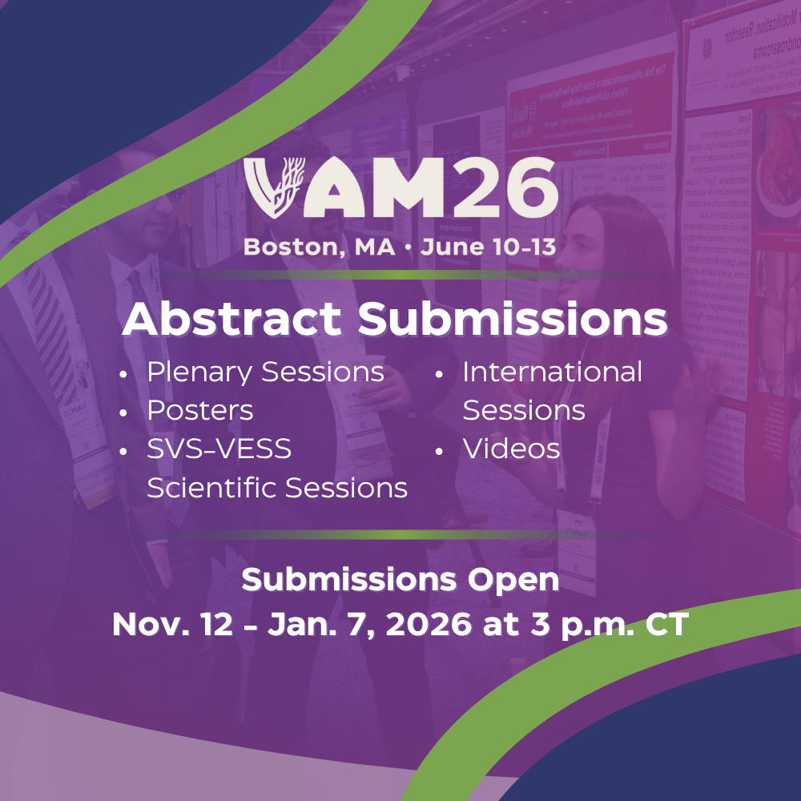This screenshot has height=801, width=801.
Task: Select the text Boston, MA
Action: coord(319,247)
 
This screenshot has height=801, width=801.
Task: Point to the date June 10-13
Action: coord(488,247)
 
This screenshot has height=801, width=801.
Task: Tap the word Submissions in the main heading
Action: coord(513,319)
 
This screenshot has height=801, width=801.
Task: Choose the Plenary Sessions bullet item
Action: coord(265,372)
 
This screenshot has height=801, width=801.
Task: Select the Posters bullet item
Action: coord(199,411)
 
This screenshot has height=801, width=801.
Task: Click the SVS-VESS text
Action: coord(219,449)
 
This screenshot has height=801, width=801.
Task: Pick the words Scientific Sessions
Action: coord(277,487)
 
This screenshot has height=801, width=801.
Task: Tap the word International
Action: coord(552,372)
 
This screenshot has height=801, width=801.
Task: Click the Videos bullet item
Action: coord(511,449)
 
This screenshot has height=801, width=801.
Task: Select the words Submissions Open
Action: coord(400,580)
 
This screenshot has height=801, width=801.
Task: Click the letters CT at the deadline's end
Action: coord(666,625)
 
